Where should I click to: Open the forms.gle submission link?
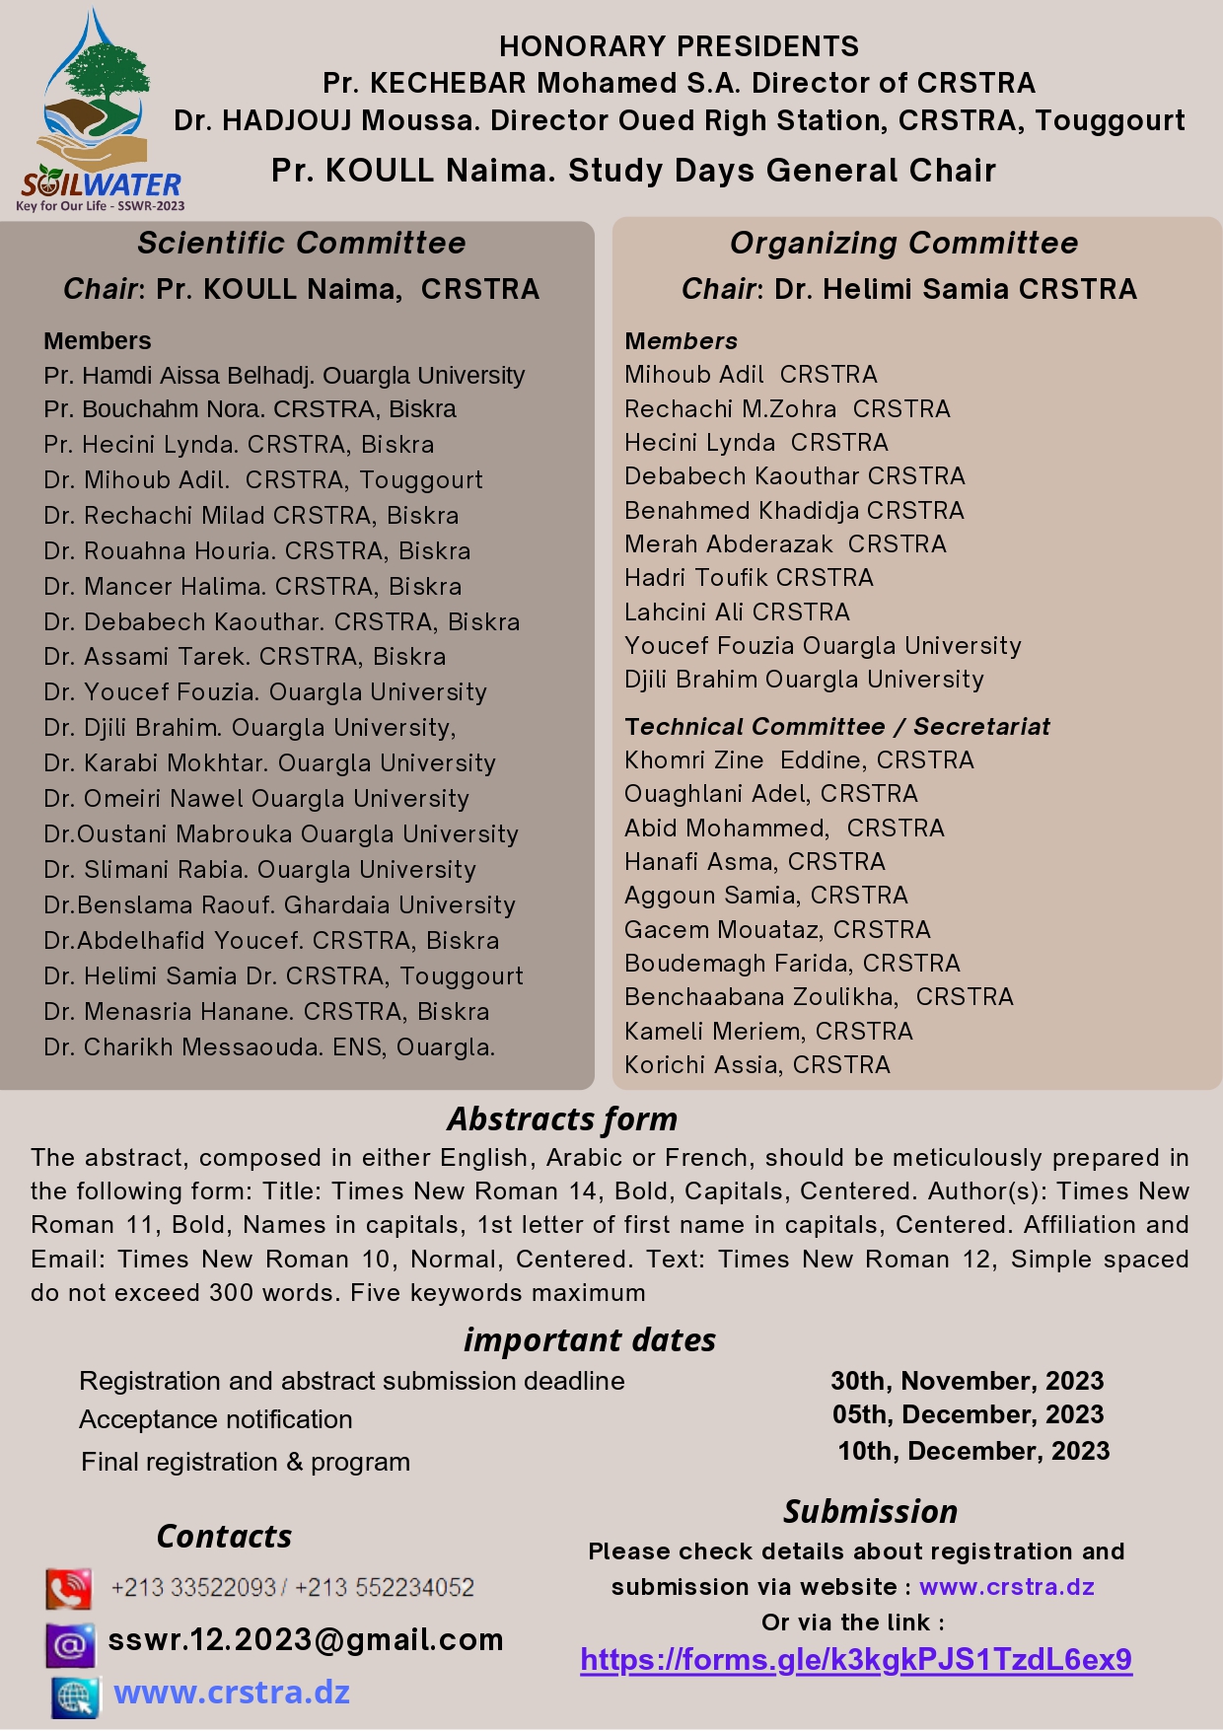coord(856,1660)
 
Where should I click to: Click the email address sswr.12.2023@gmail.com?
coord(306,1640)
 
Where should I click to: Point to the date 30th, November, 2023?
coord(967,1381)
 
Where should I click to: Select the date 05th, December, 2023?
coord(968,1414)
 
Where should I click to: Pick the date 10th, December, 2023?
coord(973,1451)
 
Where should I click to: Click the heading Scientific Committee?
coord(301,243)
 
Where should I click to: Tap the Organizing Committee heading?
coord(903,243)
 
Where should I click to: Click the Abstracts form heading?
coord(562,1119)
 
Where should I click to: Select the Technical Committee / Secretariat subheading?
coord(837,727)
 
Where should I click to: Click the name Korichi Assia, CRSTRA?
coord(757,1065)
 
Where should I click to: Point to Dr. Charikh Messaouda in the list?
coord(269,1047)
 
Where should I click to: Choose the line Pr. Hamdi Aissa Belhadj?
coord(284,376)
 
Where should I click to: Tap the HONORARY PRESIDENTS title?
coord(679,46)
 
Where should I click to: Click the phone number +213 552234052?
coord(385,1588)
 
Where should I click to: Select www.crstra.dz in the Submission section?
coord(1007,1587)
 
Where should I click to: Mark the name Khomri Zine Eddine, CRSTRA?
coord(799,760)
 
